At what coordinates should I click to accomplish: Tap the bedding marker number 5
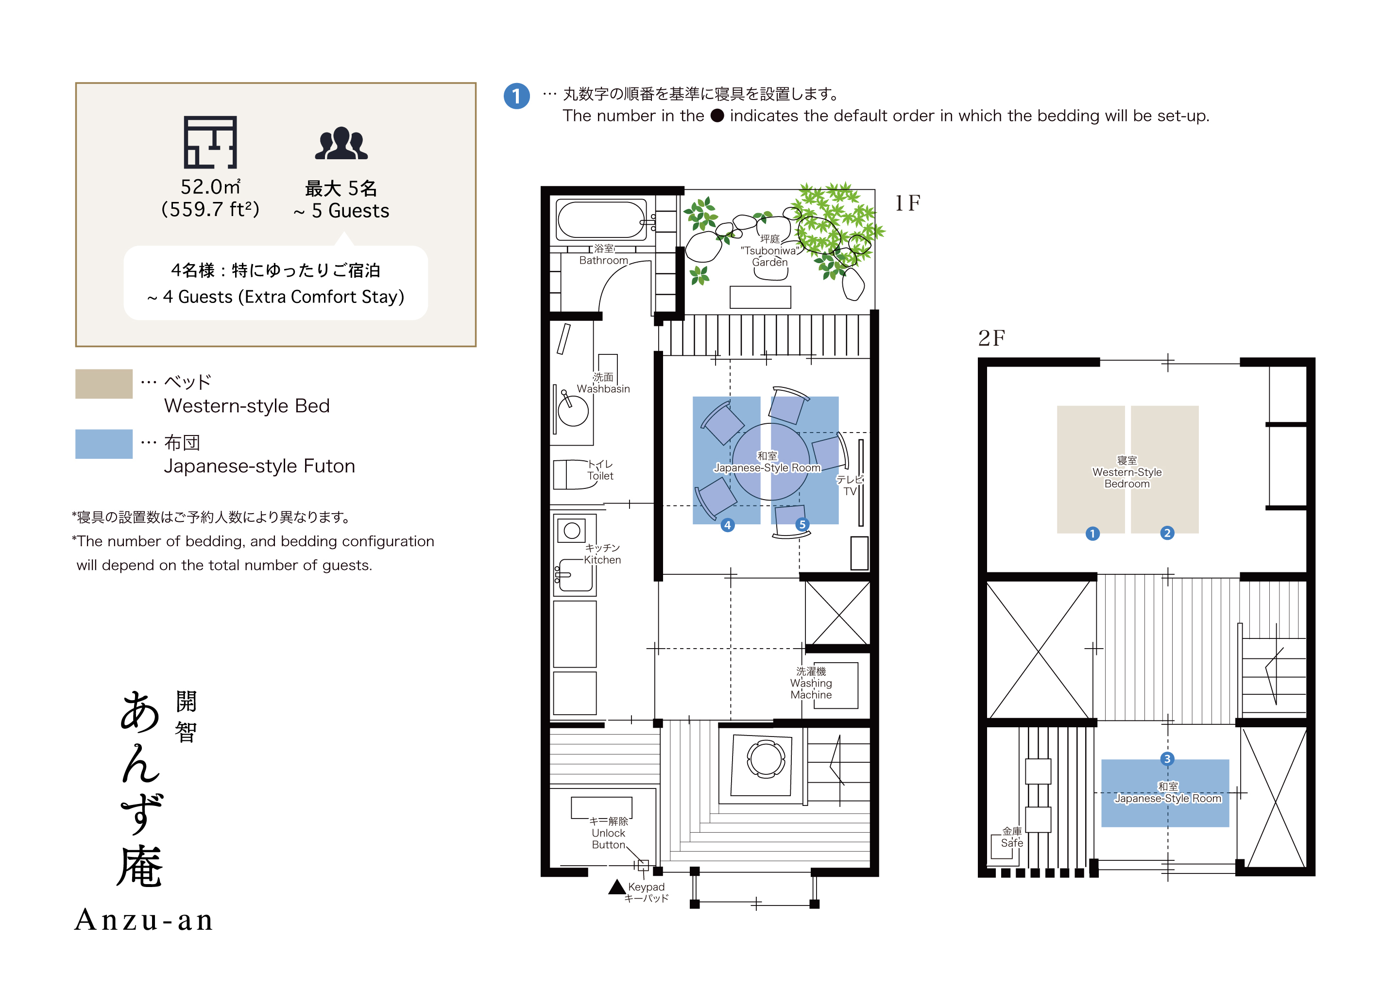tap(802, 524)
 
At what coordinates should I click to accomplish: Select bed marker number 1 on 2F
tap(1092, 534)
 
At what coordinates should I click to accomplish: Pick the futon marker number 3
tap(1167, 759)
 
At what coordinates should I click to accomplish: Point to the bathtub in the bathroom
tap(601, 220)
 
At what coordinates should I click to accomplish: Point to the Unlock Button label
tap(608, 833)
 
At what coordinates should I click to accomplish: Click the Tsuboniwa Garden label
tap(769, 251)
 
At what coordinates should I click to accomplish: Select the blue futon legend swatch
tap(103, 444)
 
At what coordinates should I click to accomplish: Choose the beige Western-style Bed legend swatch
tap(103, 384)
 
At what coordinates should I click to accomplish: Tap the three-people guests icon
tap(341, 144)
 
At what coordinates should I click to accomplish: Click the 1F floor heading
tap(907, 203)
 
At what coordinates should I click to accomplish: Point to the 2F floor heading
tap(991, 338)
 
